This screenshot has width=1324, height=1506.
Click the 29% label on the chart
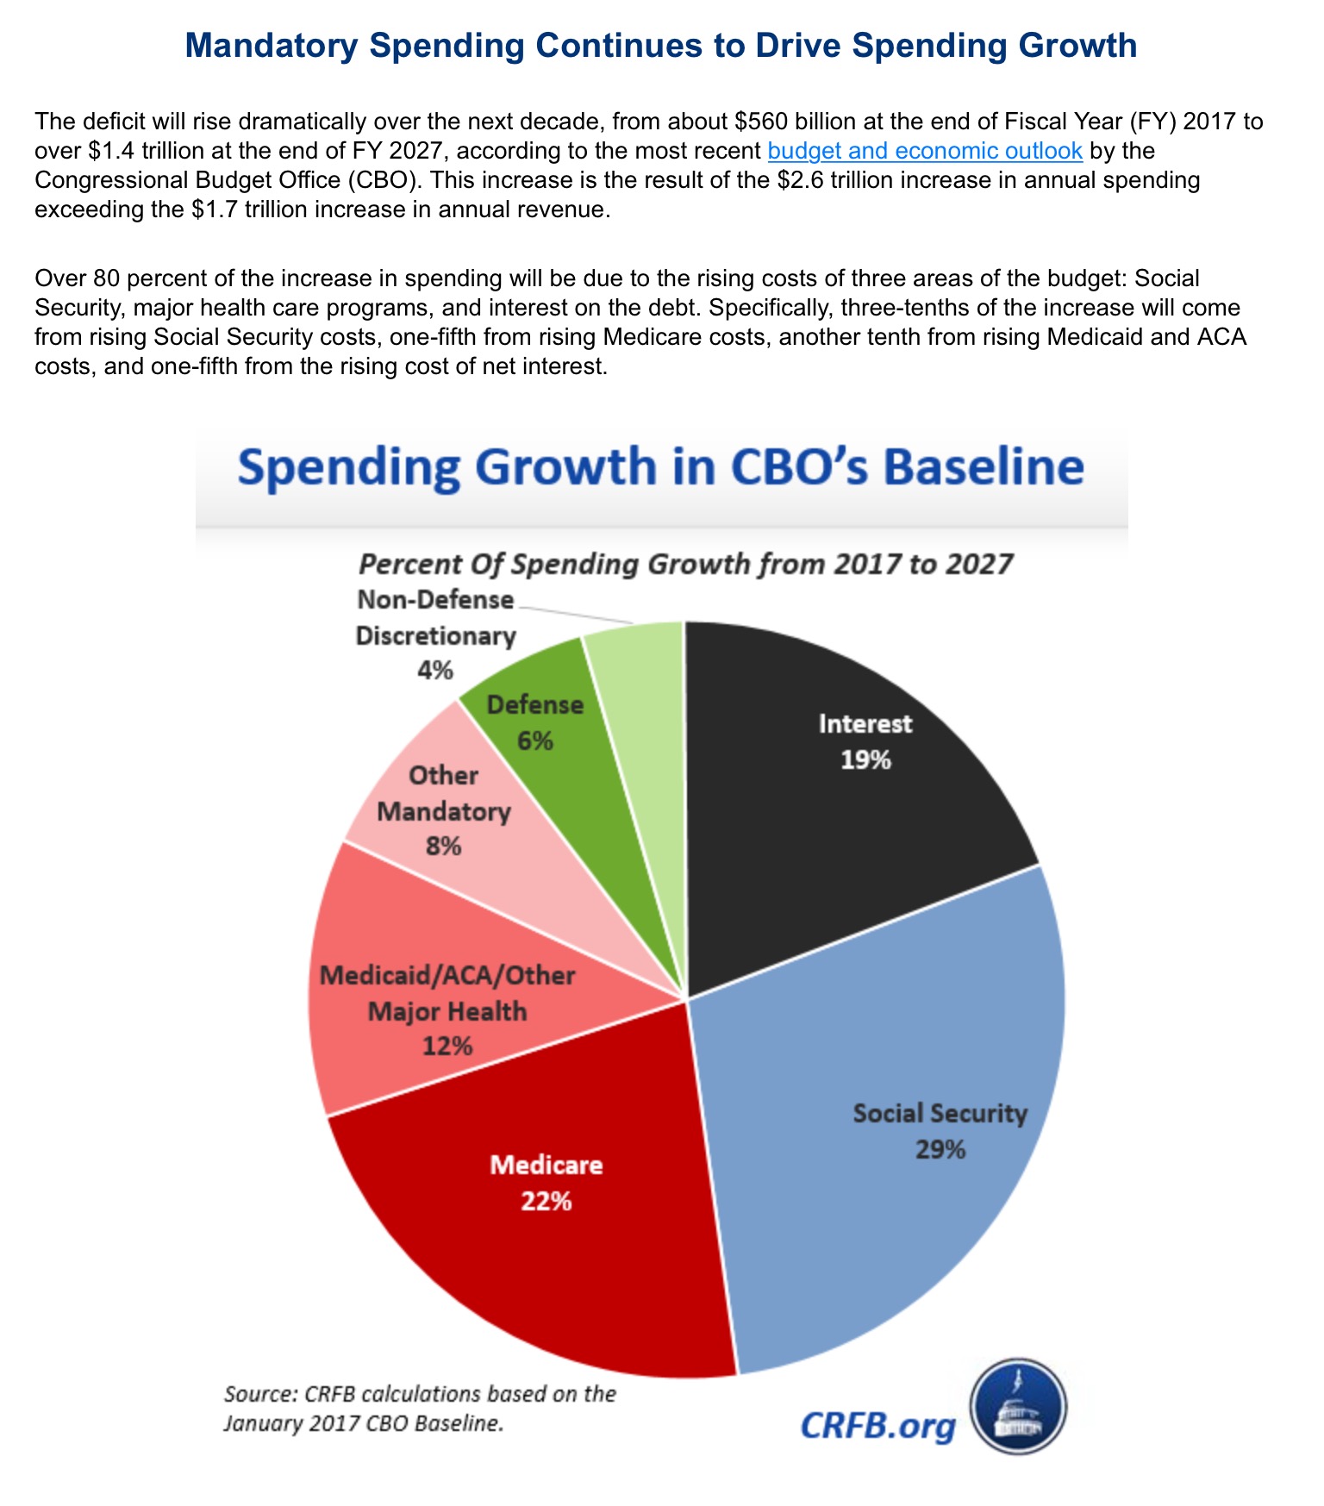coord(940,1149)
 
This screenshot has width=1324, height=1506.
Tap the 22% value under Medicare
coord(546,1201)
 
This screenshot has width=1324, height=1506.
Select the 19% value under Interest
coord(866,759)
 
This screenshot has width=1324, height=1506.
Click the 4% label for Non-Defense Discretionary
coord(434,670)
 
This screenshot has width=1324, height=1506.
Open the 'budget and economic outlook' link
coord(924,151)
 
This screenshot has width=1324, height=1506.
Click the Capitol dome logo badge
coord(1019,1406)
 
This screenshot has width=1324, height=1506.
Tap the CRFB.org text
coord(877,1426)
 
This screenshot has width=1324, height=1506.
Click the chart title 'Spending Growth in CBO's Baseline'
coord(660,467)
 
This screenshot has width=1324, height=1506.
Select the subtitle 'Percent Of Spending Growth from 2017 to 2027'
coord(685,565)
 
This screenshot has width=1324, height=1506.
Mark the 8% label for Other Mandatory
coord(443,846)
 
